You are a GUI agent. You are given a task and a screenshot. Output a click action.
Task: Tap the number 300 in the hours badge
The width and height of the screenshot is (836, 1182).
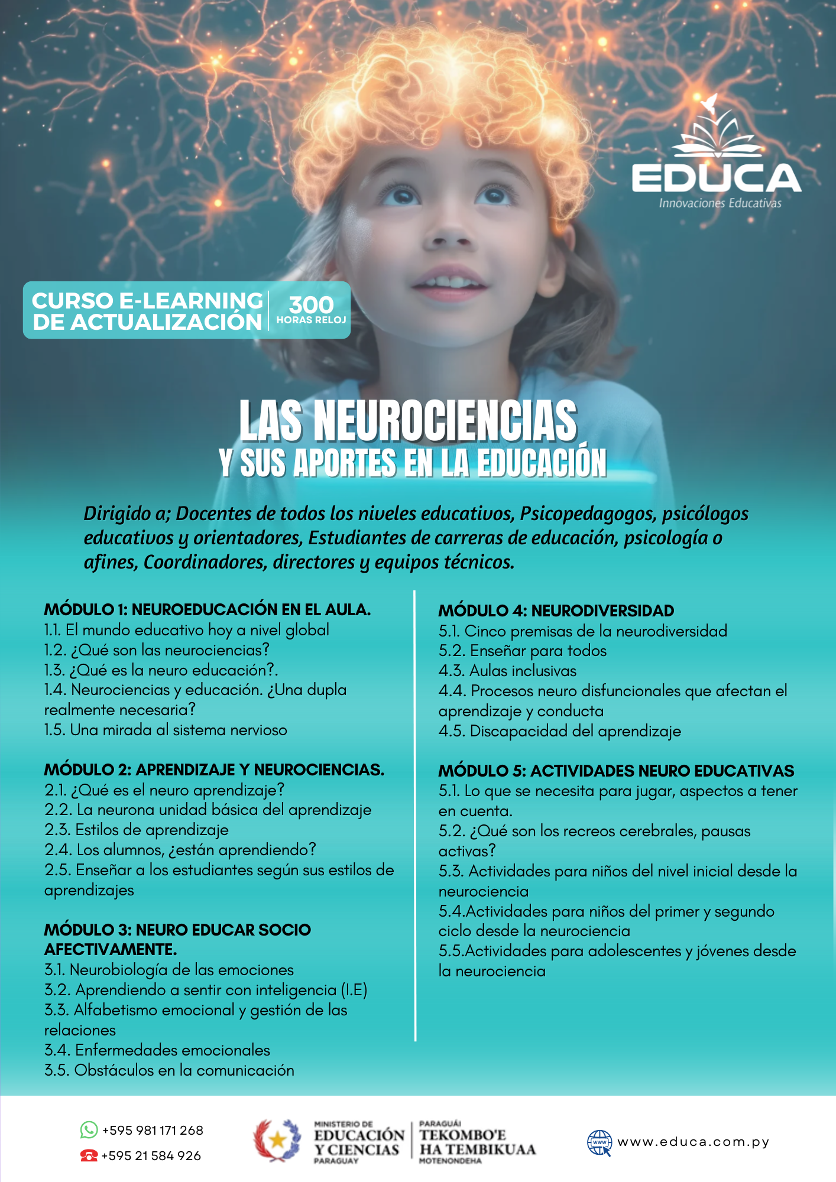[311, 305]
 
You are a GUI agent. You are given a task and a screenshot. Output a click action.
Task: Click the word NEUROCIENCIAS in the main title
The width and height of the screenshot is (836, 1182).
[445, 421]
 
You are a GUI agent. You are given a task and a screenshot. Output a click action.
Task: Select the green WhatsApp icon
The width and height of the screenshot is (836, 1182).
[89, 1130]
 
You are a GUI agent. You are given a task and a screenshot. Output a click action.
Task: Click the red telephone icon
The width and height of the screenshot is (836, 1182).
[89, 1155]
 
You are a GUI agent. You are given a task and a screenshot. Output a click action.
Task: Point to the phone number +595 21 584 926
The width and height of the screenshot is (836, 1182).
[151, 1155]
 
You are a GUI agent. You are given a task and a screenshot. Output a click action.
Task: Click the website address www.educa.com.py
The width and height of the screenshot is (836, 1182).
[693, 1142]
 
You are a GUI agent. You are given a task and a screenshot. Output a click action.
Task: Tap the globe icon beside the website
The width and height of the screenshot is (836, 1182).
[599, 1142]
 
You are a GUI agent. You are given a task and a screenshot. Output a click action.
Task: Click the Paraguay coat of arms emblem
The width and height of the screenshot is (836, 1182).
[277, 1140]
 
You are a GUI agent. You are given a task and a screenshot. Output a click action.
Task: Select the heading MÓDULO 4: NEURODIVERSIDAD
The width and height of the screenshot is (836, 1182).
[556, 611]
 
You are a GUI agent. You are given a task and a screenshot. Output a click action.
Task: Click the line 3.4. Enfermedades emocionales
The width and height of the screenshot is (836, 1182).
[157, 1050]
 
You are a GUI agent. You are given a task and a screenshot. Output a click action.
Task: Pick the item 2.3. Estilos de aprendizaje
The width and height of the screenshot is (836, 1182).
[137, 830]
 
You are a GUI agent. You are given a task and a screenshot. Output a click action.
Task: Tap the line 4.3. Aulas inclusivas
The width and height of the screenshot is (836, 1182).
[507, 671]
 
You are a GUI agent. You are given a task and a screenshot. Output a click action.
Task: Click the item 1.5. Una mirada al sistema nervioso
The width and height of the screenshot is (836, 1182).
[166, 730]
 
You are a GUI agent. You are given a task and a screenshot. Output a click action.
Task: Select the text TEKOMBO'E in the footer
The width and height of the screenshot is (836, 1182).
[462, 1135]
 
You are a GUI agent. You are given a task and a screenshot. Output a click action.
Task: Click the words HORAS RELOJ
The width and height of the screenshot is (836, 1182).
[311, 320]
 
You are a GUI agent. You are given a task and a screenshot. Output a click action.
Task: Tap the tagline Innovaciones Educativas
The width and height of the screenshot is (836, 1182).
[720, 203]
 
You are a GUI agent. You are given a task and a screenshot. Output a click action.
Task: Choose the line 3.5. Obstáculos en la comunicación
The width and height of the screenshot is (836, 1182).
[169, 1070]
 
